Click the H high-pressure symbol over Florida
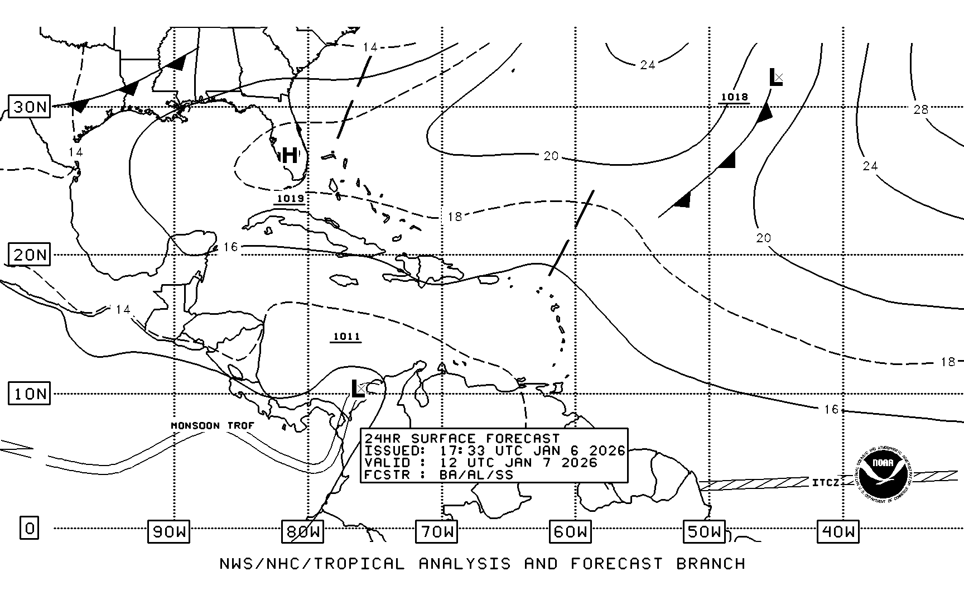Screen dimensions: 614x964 (290, 155)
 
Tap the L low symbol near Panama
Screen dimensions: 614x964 (357, 388)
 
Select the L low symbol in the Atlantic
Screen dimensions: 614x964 (775, 78)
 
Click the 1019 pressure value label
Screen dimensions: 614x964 (290, 199)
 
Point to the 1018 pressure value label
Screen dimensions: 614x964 (734, 97)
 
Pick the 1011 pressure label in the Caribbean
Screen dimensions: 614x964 (346, 337)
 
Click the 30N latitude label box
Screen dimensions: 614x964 (30, 107)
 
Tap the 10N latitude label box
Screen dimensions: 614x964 (30, 394)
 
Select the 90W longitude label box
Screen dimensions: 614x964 (168, 531)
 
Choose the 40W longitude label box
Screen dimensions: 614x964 (838, 531)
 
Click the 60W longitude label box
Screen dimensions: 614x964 (570, 531)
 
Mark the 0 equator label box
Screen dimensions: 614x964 (30, 527)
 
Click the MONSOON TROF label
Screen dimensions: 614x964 (213, 426)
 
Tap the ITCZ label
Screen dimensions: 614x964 (826, 482)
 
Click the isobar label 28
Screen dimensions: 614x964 (920, 109)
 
